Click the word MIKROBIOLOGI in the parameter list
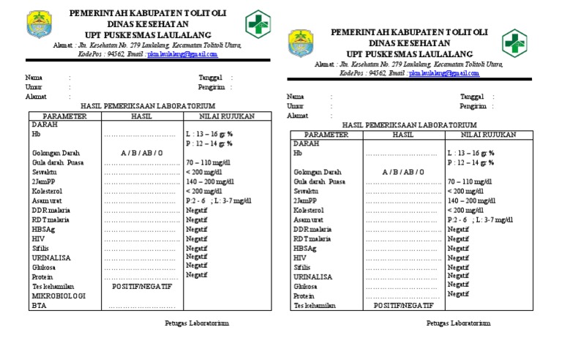[x=59, y=296]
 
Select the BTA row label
[x=38, y=306]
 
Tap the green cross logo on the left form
[x=257, y=23]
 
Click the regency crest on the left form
[x=37, y=25]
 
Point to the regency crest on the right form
[x=300, y=43]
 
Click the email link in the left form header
[x=183, y=54]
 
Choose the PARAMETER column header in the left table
[x=64, y=116]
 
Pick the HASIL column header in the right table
[x=402, y=135]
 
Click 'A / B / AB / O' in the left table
[x=141, y=153]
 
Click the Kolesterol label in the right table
[x=308, y=210]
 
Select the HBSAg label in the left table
[x=42, y=229]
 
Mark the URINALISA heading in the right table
[x=312, y=277]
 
